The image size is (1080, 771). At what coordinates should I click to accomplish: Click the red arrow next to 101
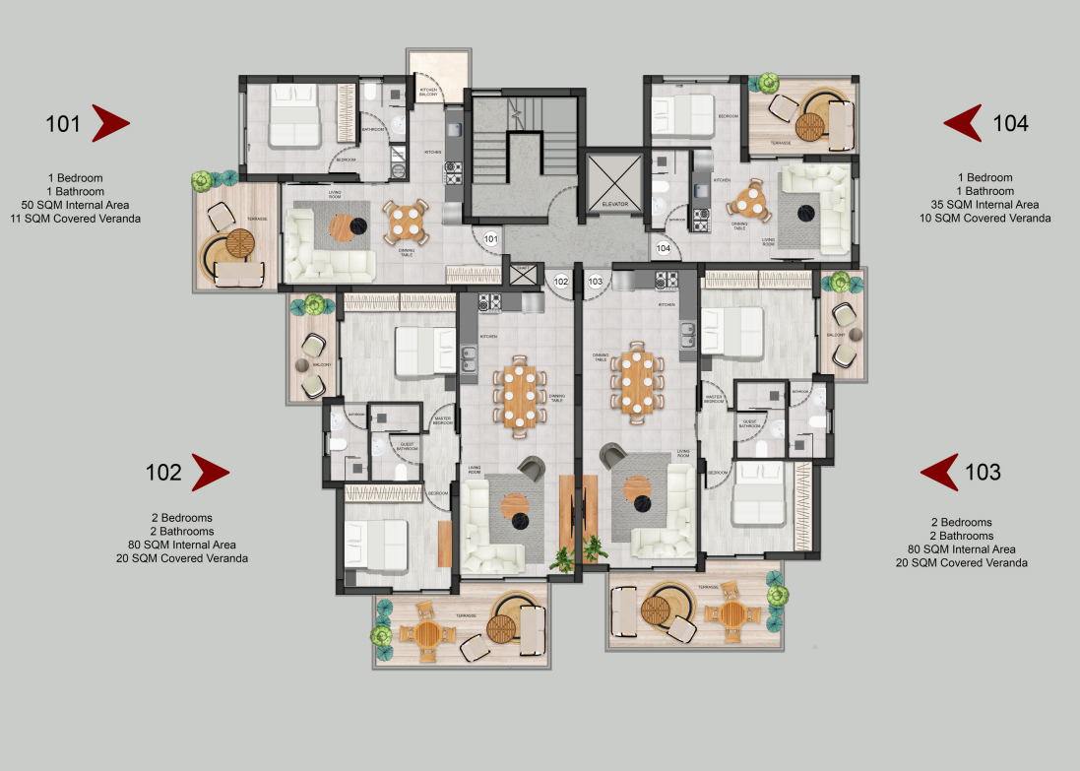tap(109, 123)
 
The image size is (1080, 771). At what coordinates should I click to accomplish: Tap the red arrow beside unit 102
tap(209, 473)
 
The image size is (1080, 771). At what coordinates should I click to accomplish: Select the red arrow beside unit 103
tap(941, 473)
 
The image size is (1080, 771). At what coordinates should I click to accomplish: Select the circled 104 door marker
tap(664, 248)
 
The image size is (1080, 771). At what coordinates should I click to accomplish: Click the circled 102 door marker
tap(561, 281)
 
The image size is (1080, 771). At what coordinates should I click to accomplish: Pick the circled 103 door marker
tap(595, 281)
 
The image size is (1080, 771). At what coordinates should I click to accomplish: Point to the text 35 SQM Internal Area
tap(985, 204)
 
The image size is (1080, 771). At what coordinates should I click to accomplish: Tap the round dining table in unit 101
tap(406, 222)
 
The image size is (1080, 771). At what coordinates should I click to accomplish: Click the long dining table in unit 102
tap(522, 397)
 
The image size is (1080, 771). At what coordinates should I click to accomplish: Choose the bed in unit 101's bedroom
tap(293, 115)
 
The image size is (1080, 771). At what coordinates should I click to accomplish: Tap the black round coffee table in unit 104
tap(808, 209)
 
